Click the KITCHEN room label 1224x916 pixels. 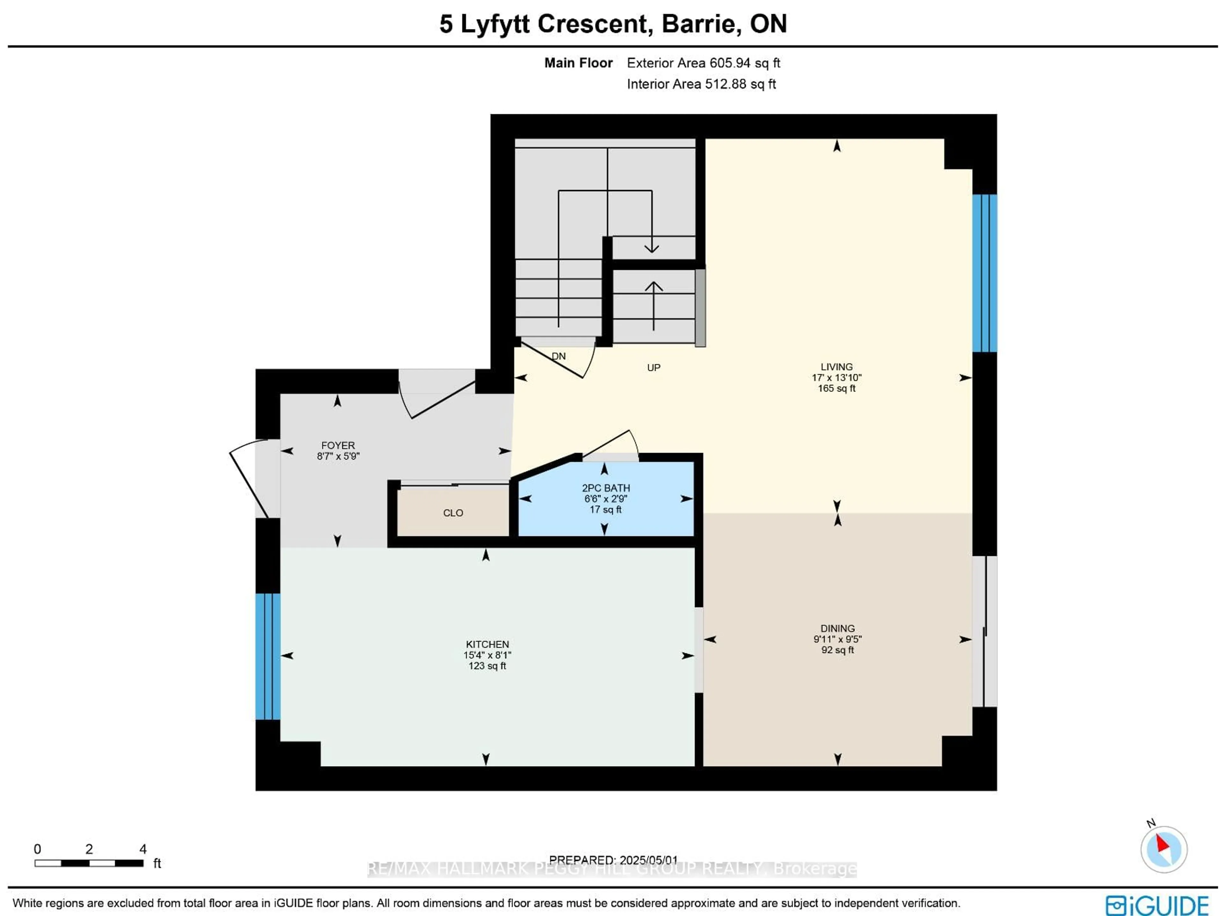click(487, 645)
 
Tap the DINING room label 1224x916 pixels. click(837, 628)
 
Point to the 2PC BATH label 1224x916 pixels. click(605, 488)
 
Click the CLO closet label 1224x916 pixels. click(453, 513)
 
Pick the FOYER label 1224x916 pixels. click(338, 445)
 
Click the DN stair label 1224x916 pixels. click(558, 356)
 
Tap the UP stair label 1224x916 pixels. click(653, 367)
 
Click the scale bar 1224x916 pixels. click(89, 863)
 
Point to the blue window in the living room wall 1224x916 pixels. click(984, 273)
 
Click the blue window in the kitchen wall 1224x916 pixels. click(268, 656)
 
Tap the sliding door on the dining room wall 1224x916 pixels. click(984, 631)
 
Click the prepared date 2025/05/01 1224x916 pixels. click(649, 860)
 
